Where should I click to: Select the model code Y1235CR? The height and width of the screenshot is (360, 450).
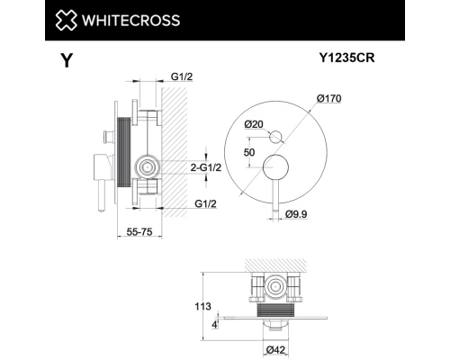point(348,58)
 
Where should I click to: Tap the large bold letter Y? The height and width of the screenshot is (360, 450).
point(66,61)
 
